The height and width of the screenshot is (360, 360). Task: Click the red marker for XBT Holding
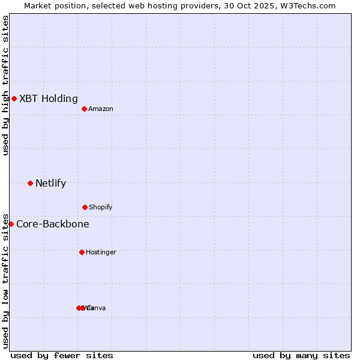tap(14, 98)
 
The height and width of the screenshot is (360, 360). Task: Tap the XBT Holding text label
tap(49, 98)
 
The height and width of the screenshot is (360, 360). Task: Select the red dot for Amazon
tap(84, 109)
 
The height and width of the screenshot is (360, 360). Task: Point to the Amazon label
tap(101, 109)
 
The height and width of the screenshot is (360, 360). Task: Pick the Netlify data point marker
tap(30, 183)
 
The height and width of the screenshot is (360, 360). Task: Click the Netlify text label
tap(51, 183)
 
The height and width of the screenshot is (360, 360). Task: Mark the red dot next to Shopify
tap(85, 207)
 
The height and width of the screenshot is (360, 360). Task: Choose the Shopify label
tap(101, 207)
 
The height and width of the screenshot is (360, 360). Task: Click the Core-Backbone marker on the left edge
tap(11, 224)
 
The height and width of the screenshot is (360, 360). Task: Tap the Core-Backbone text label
tap(53, 224)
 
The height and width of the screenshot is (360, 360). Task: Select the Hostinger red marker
tap(82, 252)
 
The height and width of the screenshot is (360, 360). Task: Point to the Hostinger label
tap(101, 252)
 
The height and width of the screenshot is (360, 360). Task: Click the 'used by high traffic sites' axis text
tap(5, 85)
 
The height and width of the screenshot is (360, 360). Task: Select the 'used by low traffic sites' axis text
tap(5, 280)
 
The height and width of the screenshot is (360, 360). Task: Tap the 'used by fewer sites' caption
tap(62, 355)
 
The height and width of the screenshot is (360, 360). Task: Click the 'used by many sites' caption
tap(301, 355)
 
